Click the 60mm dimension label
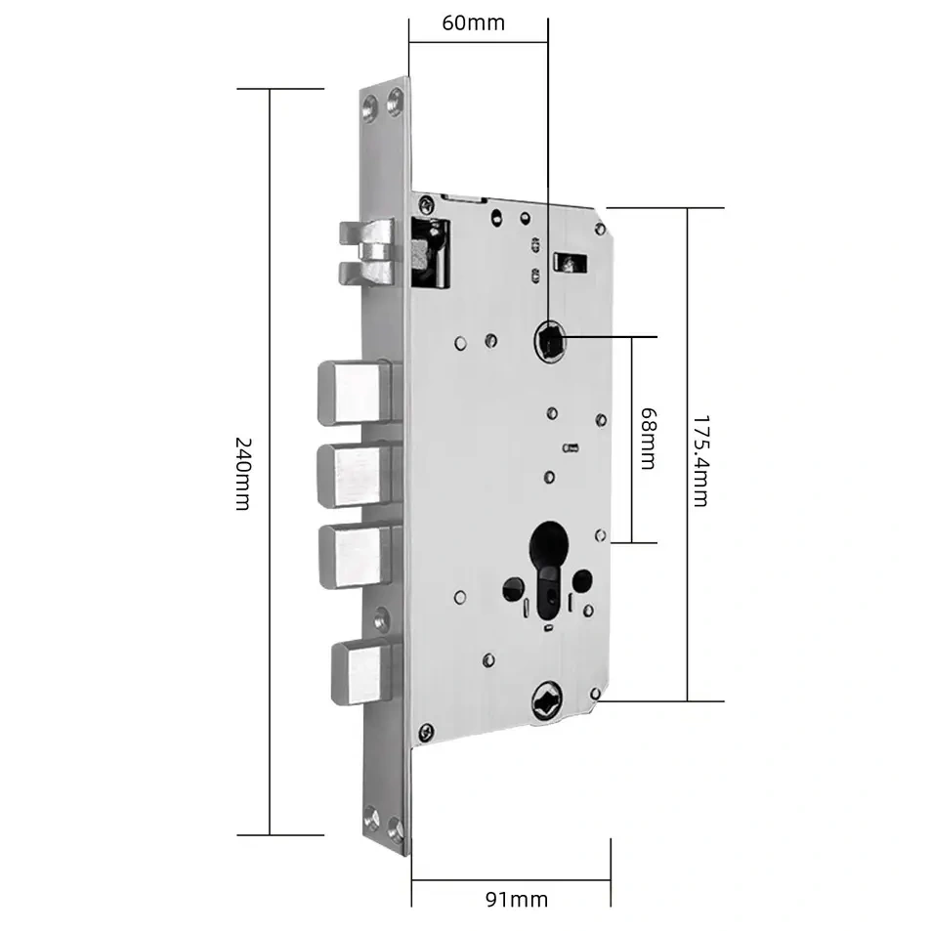click(x=473, y=23)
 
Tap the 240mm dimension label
click(x=243, y=474)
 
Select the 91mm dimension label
click(x=517, y=900)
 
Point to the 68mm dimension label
click(x=649, y=439)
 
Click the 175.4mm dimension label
click(x=701, y=461)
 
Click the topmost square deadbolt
click(x=355, y=393)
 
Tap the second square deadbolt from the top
click(x=355, y=475)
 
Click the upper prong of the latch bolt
click(x=367, y=233)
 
